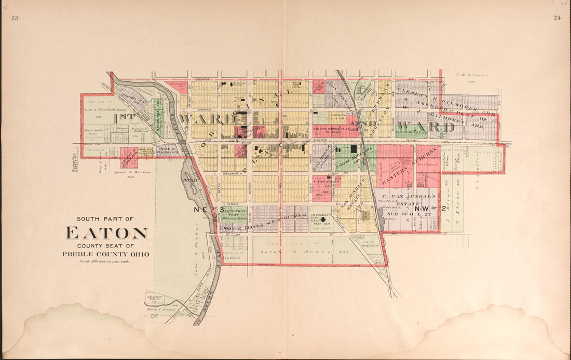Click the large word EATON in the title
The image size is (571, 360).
coord(106,233)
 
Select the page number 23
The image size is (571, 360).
coord(15,18)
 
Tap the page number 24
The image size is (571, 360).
coord(556,18)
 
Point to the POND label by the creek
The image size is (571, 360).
coord(188,179)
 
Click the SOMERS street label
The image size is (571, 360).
coord(203,109)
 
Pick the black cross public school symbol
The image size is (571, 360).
coord(323,220)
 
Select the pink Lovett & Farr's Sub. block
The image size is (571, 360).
coord(129,154)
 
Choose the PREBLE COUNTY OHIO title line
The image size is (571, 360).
coord(106,254)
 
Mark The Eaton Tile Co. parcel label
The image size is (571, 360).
coord(156,296)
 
